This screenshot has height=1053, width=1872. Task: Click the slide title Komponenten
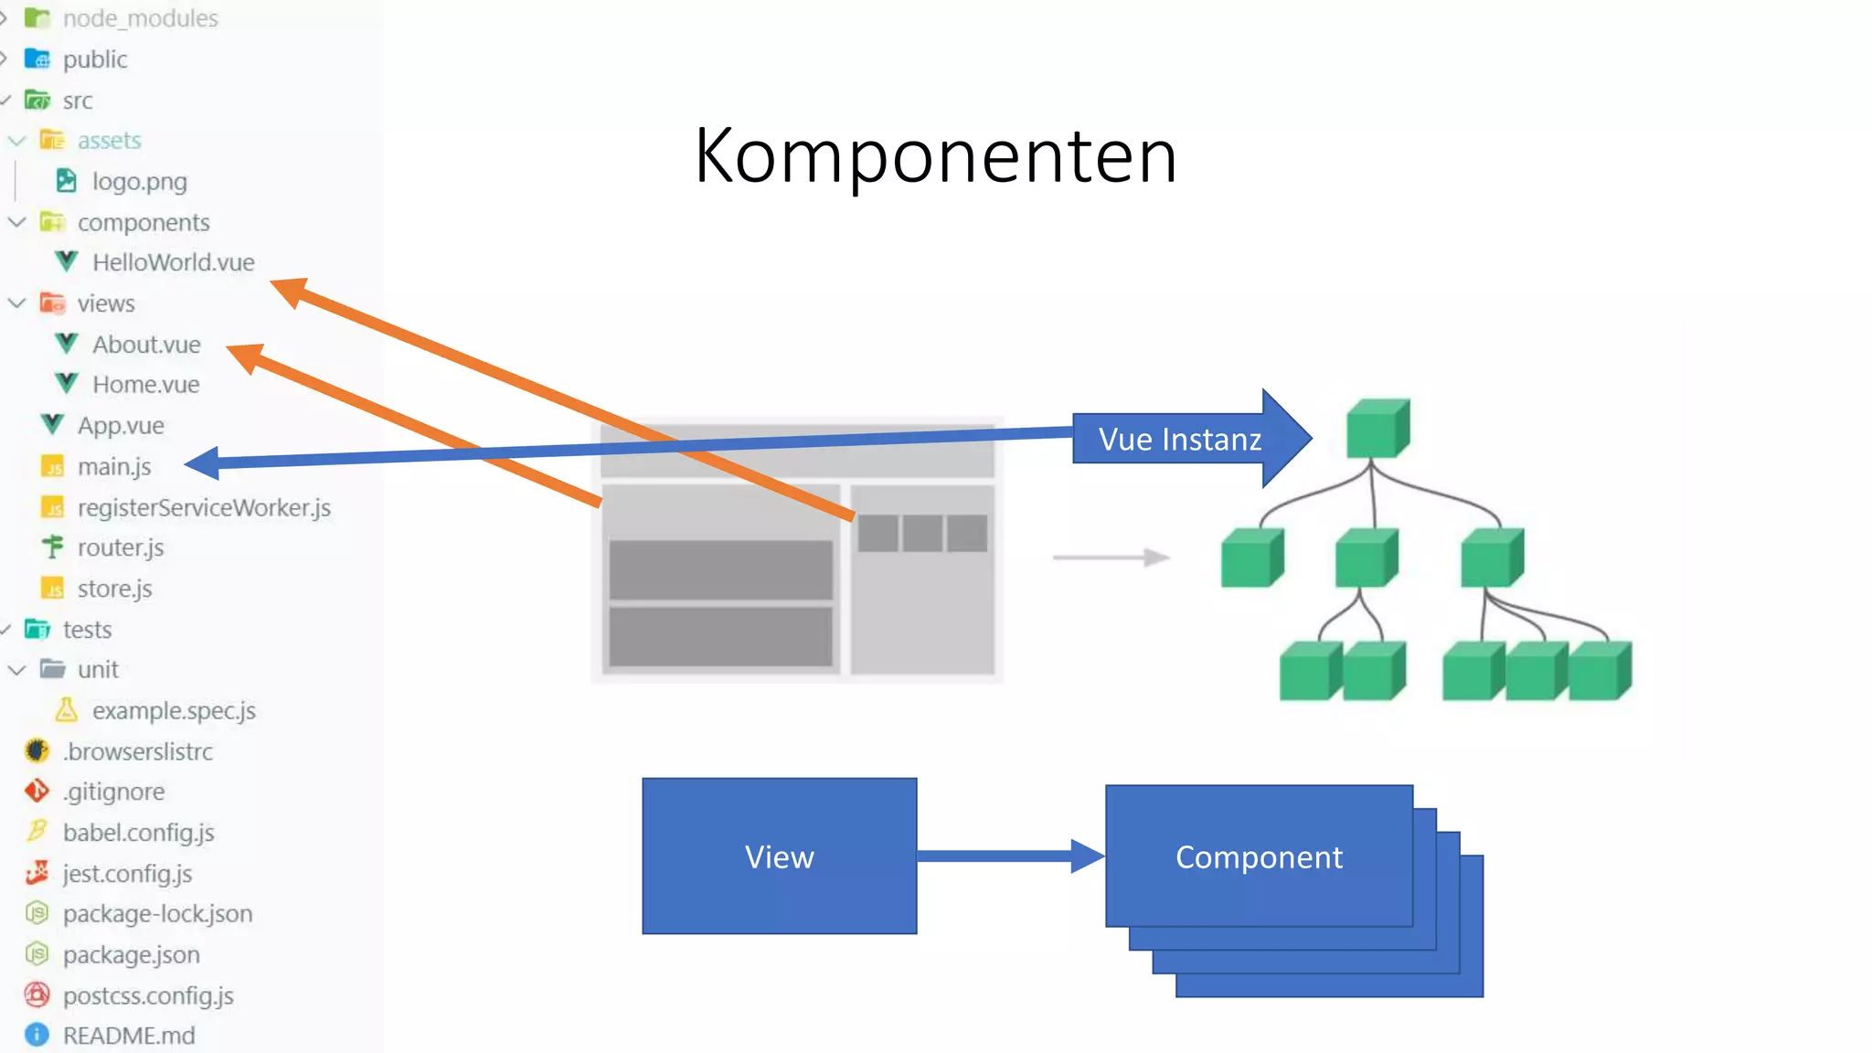pos(935,156)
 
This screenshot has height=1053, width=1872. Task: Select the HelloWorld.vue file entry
pos(172,262)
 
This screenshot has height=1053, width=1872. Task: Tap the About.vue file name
pos(146,345)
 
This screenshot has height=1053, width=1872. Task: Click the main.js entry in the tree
pos(113,467)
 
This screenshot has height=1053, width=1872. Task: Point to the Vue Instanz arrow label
pos(1179,440)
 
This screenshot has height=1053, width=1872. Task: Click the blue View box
pos(779,856)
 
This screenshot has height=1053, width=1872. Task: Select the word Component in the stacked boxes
pos(1259,857)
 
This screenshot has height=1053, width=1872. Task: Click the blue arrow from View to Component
pos(1005,856)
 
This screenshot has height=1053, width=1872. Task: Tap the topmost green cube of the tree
pos(1377,428)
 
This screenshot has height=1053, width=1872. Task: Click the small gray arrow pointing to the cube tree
pos(1111,557)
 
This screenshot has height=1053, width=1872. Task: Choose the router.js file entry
pos(120,548)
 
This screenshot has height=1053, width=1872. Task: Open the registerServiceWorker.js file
pos(203,507)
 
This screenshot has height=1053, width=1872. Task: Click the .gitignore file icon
pos(37,791)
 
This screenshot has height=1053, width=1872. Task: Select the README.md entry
pos(128,1036)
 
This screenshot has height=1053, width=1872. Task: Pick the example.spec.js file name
pos(174,710)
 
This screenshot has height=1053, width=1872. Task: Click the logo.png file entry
pos(139,181)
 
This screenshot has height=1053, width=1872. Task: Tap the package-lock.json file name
pos(157,913)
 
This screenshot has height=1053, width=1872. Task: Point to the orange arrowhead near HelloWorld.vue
pos(291,291)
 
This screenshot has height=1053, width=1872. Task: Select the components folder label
pos(144,222)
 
